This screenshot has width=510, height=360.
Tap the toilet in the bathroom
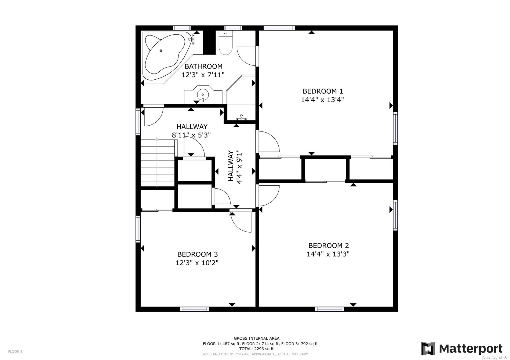(225, 43)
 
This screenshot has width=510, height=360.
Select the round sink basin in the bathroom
(203, 94)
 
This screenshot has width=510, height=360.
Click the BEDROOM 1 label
(323, 91)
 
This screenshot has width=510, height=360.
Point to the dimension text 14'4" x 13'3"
(328, 254)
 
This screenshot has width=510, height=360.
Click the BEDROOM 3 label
(197, 254)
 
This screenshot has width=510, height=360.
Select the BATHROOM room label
(203, 66)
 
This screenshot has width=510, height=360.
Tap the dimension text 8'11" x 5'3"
(191, 135)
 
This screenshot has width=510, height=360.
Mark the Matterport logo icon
(428, 348)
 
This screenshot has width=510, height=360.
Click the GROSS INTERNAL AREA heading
(256, 338)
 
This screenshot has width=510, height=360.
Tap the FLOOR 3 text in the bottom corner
(15, 351)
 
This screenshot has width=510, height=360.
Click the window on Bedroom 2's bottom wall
(329, 309)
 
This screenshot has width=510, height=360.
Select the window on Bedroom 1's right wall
(395, 128)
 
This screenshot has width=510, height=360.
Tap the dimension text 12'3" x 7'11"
(203, 75)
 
